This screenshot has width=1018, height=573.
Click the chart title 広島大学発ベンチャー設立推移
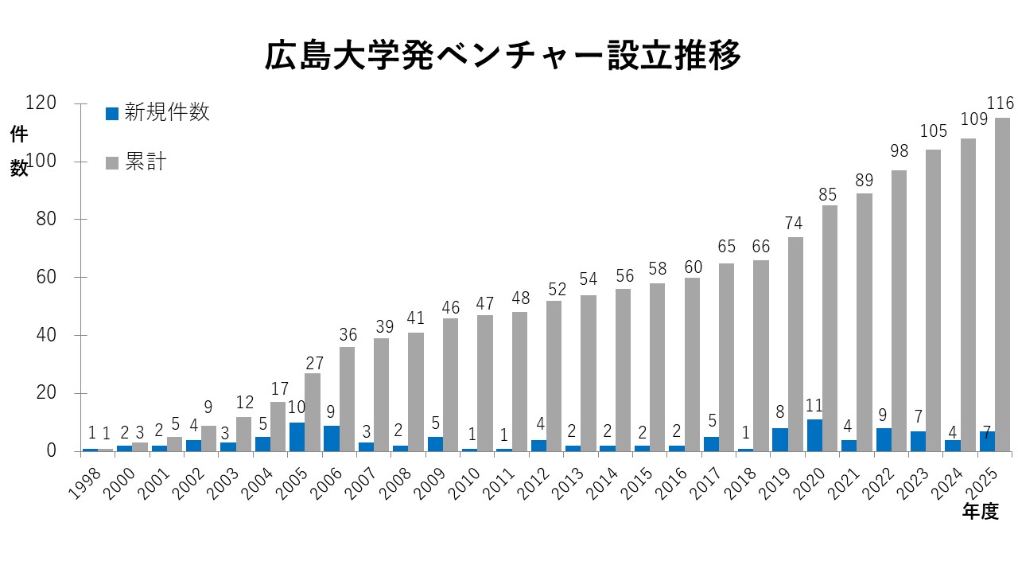503,56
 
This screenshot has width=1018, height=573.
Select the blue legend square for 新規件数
112,114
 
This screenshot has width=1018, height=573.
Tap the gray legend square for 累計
112,163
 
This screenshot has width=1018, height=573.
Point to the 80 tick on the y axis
46,219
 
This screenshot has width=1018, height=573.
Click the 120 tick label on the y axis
41,103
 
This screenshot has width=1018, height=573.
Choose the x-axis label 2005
292,485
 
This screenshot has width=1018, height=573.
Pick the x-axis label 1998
84,485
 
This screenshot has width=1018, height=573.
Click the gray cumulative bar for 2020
830,329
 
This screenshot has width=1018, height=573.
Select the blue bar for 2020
814,435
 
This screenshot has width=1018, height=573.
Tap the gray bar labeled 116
1002,285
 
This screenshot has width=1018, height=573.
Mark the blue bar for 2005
297,437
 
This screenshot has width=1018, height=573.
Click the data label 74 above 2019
794,224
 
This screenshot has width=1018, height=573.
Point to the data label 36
348,335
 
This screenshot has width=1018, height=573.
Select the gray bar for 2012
554,376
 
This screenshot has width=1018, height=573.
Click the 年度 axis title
981,512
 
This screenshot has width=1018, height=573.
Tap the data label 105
934,131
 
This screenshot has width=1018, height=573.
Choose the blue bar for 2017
711,444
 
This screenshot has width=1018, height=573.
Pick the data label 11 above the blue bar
814,405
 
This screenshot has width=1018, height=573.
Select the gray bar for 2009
450,384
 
